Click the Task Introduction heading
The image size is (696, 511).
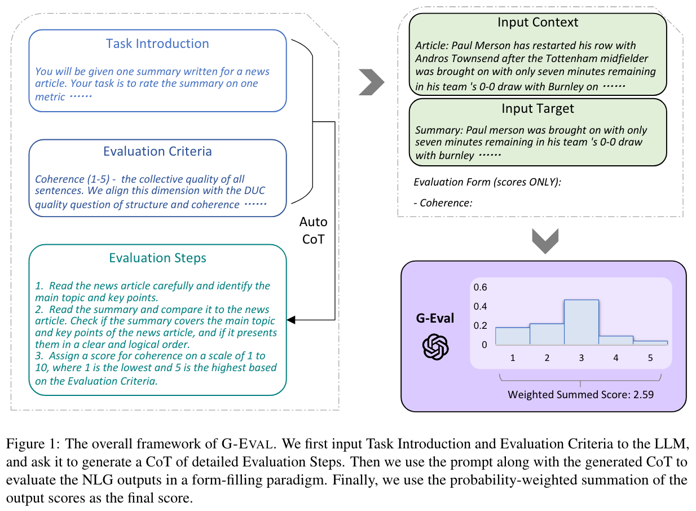(157, 44)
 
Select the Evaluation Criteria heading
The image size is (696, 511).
(157, 152)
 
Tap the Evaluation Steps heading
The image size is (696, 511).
(157, 258)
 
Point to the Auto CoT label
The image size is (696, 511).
(313, 230)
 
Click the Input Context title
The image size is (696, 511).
(538, 23)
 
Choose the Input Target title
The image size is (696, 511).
(538, 108)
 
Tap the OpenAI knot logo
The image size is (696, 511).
(435, 346)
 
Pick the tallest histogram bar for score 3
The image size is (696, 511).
(581, 322)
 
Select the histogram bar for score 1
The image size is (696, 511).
(512, 336)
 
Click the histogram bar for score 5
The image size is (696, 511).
(650, 342)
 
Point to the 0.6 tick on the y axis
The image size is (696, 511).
(480, 287)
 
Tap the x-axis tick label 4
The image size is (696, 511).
(615, 358)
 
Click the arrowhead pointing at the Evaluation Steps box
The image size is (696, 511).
(291, 320)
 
